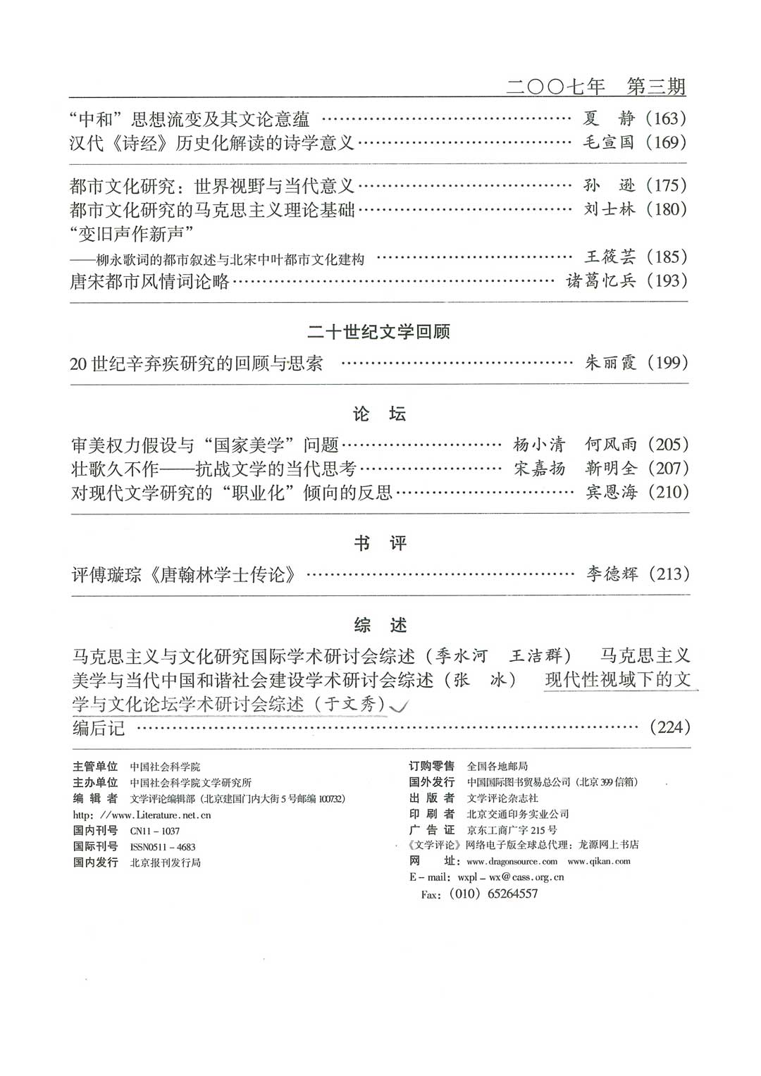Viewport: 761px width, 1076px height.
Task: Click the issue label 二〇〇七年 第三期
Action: [x=596, y=87]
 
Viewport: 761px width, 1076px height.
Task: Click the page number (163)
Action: [x=666, y=118]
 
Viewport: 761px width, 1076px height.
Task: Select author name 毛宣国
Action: [x=610, y=142]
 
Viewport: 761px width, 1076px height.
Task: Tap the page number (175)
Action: [x=666, y=185]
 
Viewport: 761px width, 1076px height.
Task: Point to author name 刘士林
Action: [x=610, y=209]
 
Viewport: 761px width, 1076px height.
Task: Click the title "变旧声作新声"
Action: [x=132, y=233]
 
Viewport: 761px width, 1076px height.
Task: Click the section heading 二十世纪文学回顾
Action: [x=379, y=332]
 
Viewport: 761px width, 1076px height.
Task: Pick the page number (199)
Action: [x=667, y=363]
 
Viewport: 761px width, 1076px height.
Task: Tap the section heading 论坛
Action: [x=379, y=414]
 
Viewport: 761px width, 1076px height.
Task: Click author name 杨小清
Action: [x=539, y=445]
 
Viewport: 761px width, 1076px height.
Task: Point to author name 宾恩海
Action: [x=611, y=492]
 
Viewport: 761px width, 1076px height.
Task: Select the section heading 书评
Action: [x=379, y=543]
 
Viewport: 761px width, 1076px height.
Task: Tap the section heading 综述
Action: [x=379, y=625]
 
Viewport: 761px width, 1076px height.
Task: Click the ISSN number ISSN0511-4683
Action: [x=163, y=847]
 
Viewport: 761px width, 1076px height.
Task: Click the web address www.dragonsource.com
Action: [x=512, y=861]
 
